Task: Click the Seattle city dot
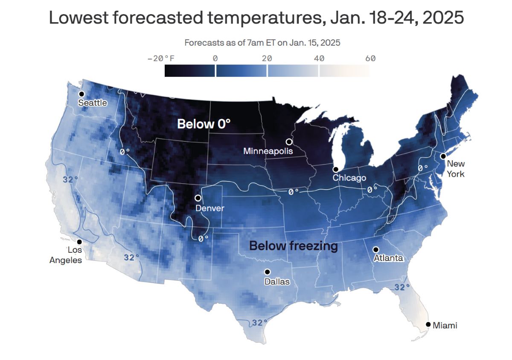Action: click(81, 94)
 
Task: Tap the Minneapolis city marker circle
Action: click(289, 141)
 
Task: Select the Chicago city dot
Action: click(335, 170)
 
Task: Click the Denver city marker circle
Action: click(198, 198)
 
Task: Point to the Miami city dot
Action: click(428, 324)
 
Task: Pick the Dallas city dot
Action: click(267, 272)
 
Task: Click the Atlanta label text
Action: click(388, 258)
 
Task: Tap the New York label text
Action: click(456, 169)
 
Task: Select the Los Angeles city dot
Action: click(79, 242)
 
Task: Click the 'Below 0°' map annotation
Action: click(204, 124)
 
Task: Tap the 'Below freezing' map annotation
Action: click(293, 246)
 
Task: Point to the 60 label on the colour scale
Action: click(370, 59)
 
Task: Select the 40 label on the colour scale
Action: click(319, 59)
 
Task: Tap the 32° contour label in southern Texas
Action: click(259, 322)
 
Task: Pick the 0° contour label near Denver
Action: click(203, 238)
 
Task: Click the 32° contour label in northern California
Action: click(70, 179)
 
